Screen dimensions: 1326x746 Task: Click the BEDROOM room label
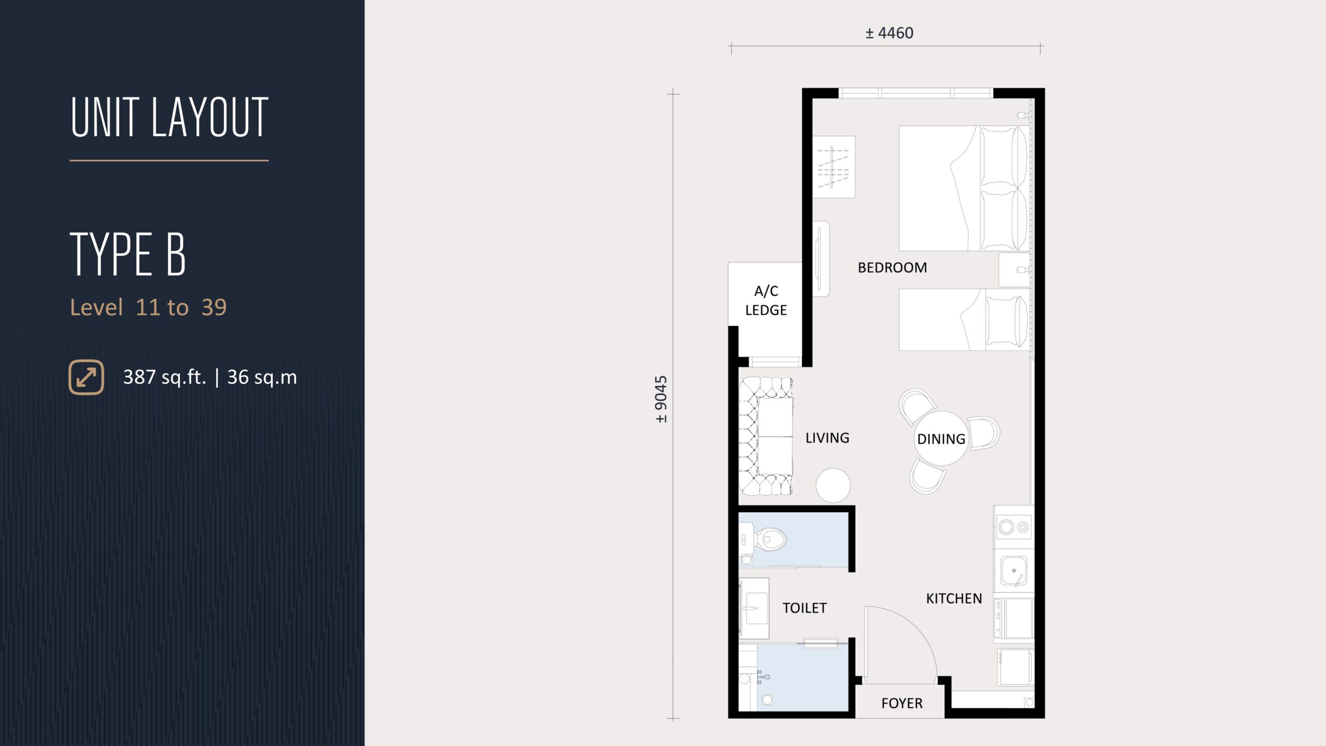(892, 268)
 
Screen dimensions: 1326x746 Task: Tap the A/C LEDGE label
(766, 300)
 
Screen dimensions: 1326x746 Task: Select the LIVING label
(827, 438)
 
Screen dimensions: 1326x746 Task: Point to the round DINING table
(941, 438)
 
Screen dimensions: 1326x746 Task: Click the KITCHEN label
(954, 599)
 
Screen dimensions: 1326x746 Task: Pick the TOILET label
(804, 608)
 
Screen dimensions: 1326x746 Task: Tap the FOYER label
(902, 704)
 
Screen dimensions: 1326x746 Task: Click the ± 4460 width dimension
(889, 33)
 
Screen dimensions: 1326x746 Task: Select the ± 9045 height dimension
(661, 399)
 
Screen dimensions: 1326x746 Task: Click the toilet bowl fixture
(767, 539)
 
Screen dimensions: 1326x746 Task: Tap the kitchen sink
(1014, 570)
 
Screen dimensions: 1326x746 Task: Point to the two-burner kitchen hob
(1014, 527)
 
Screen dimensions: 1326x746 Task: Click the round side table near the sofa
(833, 485)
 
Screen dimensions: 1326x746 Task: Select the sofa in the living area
(766, 436)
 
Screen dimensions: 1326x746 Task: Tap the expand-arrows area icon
(87, 377)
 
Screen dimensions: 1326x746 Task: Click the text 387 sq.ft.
(165, 377)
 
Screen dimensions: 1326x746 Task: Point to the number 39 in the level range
(214, 308)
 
